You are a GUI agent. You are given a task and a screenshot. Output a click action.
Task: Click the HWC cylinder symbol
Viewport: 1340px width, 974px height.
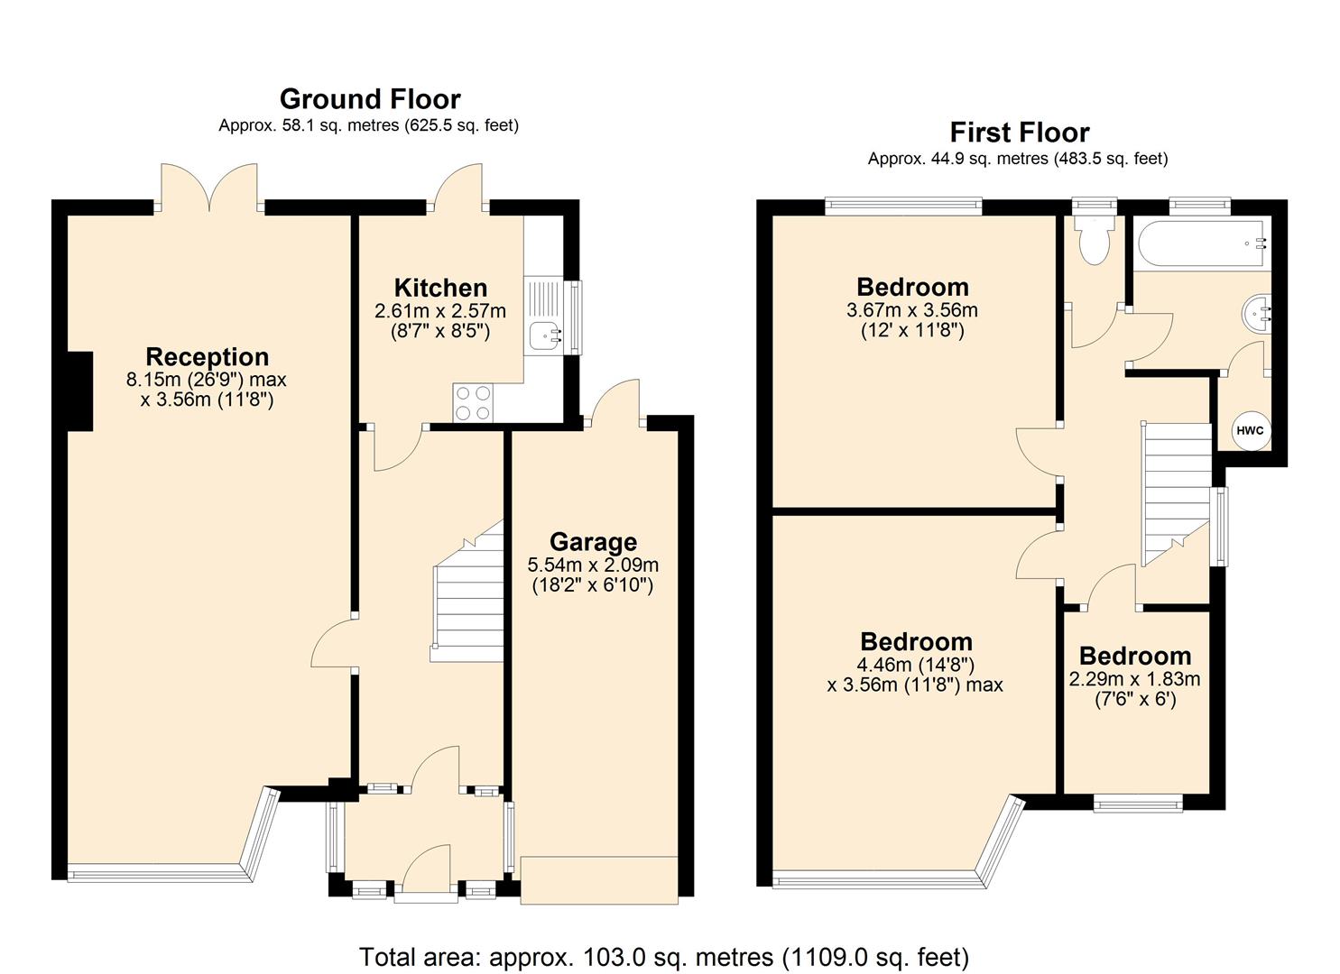point(1250,431)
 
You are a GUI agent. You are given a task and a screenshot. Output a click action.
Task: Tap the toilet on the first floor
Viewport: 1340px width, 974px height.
point(1095,241)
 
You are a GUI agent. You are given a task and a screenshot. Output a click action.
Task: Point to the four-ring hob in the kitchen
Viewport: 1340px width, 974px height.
point(474,402)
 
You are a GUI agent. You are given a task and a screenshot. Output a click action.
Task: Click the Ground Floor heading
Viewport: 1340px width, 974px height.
point(370,98)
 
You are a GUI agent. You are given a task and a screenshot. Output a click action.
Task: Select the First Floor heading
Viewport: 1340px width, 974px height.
point(1020,133)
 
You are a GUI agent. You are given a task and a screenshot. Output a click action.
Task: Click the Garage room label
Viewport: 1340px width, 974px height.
point(593,542)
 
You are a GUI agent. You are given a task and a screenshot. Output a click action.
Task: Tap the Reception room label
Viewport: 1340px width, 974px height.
point(208,356)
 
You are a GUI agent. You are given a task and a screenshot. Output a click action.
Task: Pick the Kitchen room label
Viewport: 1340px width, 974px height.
point(440,288)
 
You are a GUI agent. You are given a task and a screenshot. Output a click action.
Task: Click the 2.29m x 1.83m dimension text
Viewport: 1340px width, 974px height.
point(1134,679)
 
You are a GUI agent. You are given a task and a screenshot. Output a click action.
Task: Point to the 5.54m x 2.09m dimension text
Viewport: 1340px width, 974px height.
point(593,565)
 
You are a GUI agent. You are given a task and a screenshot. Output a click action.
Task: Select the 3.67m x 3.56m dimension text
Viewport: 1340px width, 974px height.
point(911,310)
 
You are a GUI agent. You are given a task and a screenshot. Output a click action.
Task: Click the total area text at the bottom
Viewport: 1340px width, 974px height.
point(664,956)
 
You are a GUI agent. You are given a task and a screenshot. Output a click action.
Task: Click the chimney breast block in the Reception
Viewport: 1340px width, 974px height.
point(79,391)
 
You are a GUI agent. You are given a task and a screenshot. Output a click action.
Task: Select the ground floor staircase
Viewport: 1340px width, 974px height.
point(468,595)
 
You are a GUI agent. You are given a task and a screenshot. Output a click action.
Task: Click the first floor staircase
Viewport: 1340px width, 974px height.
point(1177,492)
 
